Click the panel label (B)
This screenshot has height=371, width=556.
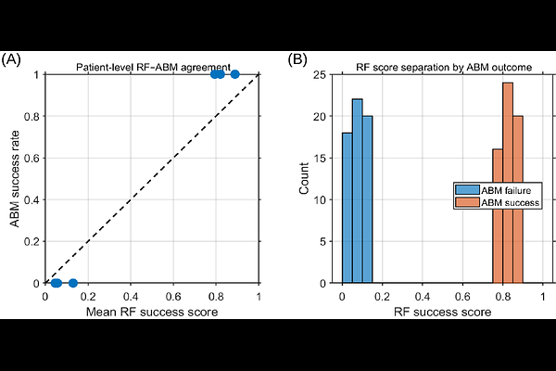[297, 59]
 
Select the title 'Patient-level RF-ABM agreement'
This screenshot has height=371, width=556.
[152, 66]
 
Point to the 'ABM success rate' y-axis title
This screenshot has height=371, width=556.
[16, 179]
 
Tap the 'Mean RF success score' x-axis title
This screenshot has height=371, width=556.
[152, 312]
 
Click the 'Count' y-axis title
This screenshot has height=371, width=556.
[305, 179]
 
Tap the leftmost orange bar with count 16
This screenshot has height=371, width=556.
[497, 215]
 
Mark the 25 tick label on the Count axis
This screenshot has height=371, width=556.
[322, 74]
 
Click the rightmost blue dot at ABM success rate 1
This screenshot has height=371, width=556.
[234, 74]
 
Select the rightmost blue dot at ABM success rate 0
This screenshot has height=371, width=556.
[73, 283]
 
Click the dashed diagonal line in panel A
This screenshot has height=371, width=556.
[152, 178]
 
